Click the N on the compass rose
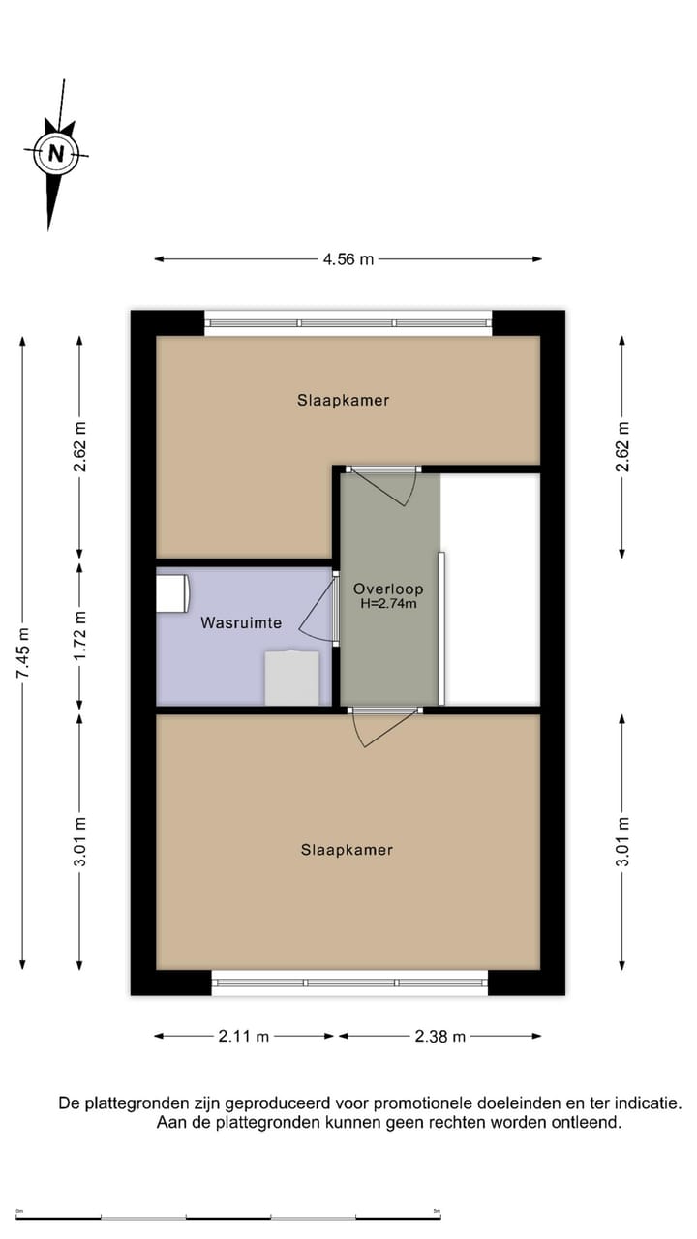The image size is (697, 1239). pyautogui.click(x=56, y=153)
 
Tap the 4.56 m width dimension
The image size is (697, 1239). pyautogui.click(x=348, y=259)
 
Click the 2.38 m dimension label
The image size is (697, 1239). pyautogui.click(x=439, y=1036)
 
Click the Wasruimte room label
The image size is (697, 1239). pyautogui.click(x=241, y=622)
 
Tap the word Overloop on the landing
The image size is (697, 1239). pyautogui.click(x=387, y=589)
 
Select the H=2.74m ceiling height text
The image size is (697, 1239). pyautogui.click(x=387, y=604)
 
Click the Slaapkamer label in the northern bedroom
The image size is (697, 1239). pyautogui.click(x=343, y=400)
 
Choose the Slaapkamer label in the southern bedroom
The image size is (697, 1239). pyautogui.click(x=347, y=850)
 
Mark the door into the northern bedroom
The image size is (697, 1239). pyautogui.click(x=385, y=485)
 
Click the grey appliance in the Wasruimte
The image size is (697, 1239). pyautogui.click(x=292, y=679)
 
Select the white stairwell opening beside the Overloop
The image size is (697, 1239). pyautogui.click(x=491, y=589)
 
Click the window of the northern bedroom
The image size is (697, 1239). pyautogui.click(x=348, y=323)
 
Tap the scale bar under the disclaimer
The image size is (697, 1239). pyautogui.click(x=228, y=1217)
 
